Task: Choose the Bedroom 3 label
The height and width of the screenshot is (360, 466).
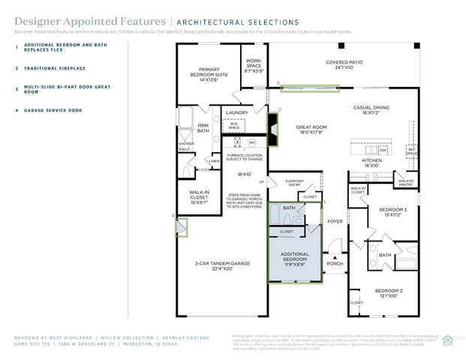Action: (392, 212)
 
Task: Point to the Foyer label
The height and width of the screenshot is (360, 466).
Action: (334, 221)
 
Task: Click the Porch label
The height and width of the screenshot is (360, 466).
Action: (335, 264)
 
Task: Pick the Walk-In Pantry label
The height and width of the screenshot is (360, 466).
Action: (405, 181)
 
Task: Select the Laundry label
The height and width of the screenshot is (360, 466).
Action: (236, 112)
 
